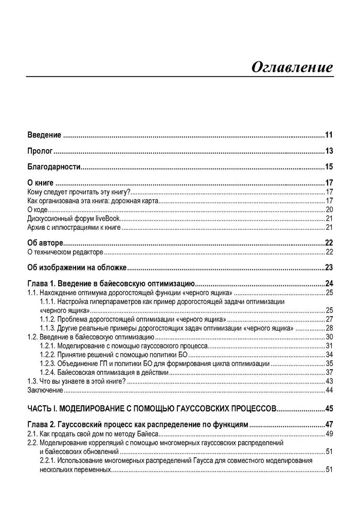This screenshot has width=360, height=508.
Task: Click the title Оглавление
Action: (x=292, y=67)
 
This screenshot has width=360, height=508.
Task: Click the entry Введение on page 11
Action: (x=44, y=135)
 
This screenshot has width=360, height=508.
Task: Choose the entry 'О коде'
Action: (x=37, y=209)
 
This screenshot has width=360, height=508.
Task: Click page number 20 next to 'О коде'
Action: (x=330, y=209)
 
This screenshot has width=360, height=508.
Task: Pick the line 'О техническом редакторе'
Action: (x=65, y=252)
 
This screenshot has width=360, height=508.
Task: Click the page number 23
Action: (x=329, y=267)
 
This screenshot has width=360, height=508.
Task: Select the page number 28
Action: (x=330, y=328)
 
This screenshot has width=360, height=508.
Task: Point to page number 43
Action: (x=330, y=381)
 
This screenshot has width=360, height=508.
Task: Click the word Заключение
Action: (x=45, y=390)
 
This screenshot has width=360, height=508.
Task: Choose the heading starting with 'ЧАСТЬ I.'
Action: (x=152, y=409)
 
